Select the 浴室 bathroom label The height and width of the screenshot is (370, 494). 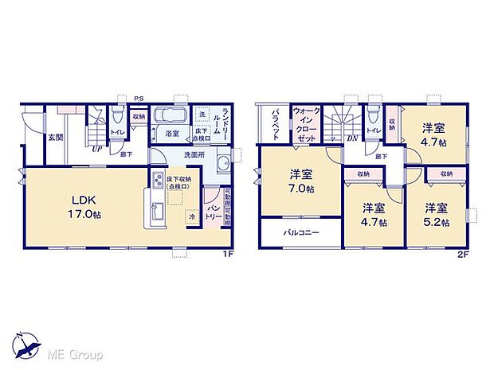(171, 134)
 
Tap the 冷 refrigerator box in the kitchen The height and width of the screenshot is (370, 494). (192, 216)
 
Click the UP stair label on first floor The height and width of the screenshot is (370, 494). (96, 148)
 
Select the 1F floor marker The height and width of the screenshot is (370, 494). (227, 254)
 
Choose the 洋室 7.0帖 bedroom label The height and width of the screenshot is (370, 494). (300, 181)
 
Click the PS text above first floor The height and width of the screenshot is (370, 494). (137, 99)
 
